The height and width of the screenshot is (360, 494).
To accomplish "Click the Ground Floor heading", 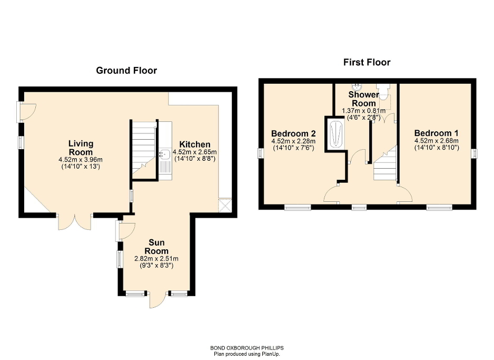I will pos(126,70).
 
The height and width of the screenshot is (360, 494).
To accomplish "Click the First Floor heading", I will pos(367,62).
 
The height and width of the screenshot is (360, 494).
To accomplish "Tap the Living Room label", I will pos(81,148).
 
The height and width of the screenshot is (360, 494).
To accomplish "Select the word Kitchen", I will pos(194,144).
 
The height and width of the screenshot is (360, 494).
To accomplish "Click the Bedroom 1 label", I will pos(433,133).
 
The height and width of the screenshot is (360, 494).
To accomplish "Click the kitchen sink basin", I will pos(164,154).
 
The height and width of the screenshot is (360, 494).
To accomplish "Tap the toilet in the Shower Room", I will pos(385,92).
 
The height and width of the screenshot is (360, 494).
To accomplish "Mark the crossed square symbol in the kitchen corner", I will pos(226,205).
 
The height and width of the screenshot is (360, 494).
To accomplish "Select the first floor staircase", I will pos(384,167).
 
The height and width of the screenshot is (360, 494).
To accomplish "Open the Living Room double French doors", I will pos(74,221).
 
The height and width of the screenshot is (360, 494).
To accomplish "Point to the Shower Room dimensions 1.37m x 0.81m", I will pos(363,111).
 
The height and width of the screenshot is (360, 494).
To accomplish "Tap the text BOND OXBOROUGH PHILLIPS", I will pos(246,348).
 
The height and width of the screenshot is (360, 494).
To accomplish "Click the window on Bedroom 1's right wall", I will pos(475,153).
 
